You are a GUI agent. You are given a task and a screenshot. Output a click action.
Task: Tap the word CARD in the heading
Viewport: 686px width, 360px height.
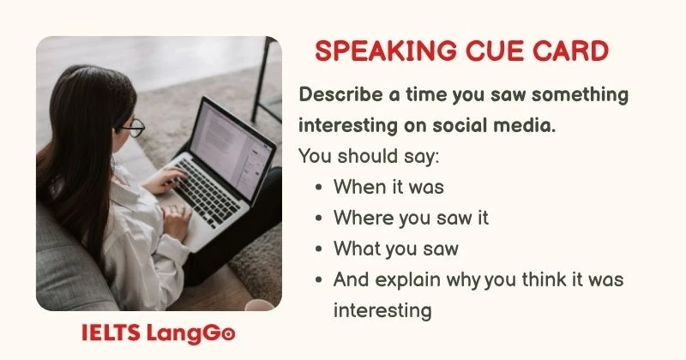(570, 51)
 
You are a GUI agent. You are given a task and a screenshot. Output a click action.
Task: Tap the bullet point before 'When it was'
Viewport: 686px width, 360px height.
(319, 188)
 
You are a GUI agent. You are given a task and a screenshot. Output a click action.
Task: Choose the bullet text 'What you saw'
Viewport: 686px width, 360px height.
(395, 249)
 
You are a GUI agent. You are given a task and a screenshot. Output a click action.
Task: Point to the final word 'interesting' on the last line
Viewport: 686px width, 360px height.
(382, 309)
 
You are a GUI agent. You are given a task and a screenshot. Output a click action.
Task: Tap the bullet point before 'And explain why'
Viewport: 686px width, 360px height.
(319, 279)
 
